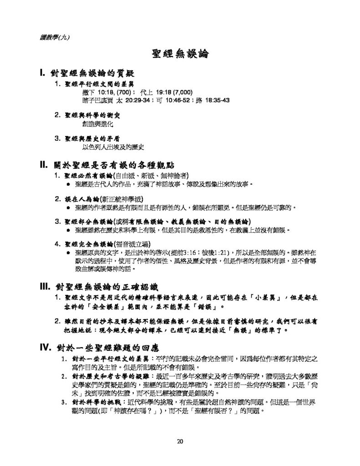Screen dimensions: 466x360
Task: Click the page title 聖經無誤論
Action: click(180, 55)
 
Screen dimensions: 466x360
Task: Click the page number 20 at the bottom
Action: click(180, 441)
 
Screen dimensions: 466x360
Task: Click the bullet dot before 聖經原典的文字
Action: click(68, 252)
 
